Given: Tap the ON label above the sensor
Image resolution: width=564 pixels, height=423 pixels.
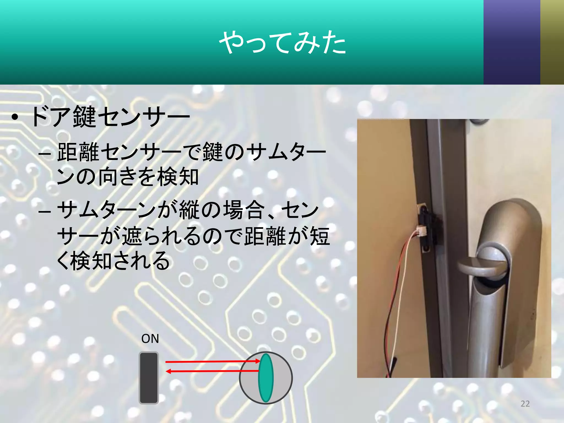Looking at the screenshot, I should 150,339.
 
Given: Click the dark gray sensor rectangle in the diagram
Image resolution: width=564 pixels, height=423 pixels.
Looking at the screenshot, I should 149,378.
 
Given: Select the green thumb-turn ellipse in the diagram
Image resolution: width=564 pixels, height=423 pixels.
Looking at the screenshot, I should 266,378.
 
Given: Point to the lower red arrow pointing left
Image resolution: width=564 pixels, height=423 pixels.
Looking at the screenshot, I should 212,371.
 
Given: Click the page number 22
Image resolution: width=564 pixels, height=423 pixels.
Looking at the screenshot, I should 525,404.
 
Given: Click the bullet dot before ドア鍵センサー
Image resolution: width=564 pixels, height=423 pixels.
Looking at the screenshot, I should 15,118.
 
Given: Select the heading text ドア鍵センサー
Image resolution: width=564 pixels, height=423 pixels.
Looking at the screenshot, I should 110,117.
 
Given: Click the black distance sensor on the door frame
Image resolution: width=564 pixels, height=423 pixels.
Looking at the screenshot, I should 427,229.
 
